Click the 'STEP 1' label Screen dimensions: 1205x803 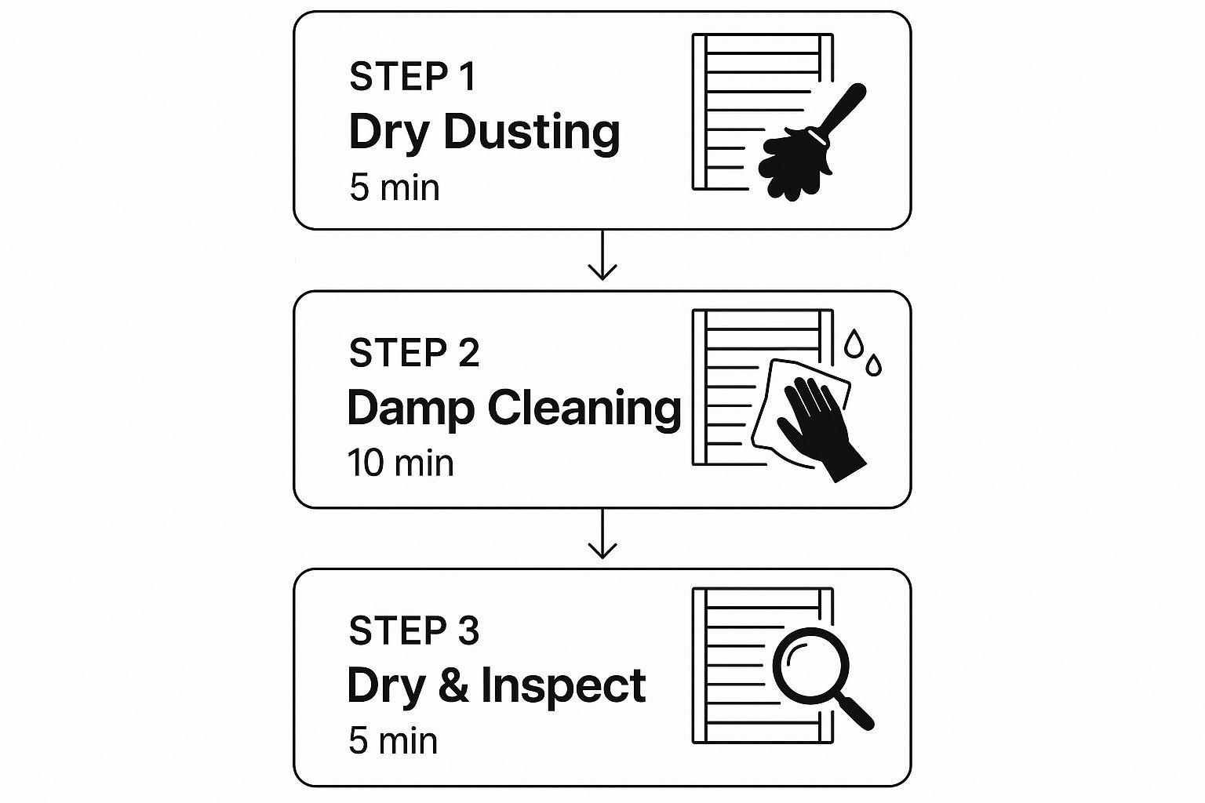click(413, 76)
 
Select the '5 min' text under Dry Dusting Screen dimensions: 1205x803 click(395, 187)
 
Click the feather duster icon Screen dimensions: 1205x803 click(812, 143)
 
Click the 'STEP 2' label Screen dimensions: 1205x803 click(413, 353)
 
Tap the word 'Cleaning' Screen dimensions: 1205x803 click(584, 409)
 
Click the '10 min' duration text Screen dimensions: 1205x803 click(401, 463)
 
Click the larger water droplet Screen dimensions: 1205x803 click(854, 343)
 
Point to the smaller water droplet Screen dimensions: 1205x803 click(874, 365)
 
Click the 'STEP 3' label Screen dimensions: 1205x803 click(413, 630)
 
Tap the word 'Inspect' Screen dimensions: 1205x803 click(563, 687)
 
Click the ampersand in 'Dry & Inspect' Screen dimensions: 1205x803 click(453, 685)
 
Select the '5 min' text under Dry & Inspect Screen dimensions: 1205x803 click(393, 740)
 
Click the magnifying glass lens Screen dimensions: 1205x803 click(810, 666)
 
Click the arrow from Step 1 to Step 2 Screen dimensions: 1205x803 click(602, 256)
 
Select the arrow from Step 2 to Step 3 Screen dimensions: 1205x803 click(602, 533)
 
